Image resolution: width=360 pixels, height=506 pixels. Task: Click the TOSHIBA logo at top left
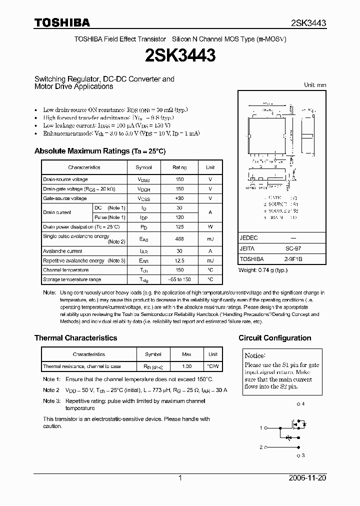coord(62,22)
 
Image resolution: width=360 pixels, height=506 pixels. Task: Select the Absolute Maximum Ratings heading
coord(99,151)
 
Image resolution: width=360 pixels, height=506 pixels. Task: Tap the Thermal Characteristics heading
coord(75,338)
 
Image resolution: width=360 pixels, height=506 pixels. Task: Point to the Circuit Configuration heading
coord(274,338)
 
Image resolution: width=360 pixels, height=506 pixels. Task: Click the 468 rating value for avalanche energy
coord(179,239)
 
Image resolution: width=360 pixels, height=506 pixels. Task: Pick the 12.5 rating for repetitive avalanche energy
coord(179,260)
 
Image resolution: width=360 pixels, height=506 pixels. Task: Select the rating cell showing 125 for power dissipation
coord(179,226)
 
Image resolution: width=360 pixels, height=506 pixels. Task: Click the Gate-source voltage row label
coord(65,198)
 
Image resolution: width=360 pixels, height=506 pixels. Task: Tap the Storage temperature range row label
coord(72,279)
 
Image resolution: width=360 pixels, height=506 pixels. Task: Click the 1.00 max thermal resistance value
coord(186,366)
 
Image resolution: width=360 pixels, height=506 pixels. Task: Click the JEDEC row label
coord(248,238)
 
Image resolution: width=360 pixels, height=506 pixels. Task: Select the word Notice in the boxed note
coord(254,355)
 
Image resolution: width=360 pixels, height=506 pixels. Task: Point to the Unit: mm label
coord(315,85)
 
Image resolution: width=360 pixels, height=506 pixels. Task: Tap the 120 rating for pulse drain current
coord(179,217)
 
